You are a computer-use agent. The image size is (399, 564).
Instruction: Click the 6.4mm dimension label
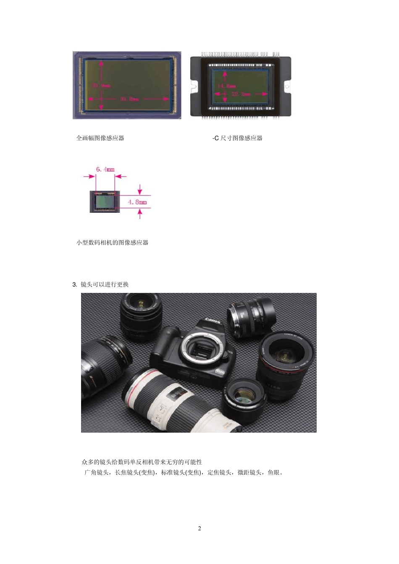tap(105, 170)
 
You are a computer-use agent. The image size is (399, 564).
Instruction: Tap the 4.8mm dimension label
tap(137, 202)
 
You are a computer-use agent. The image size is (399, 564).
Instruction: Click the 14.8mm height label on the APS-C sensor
tap(227, 86)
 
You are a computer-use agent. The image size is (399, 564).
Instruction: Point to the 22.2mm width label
tap(241, 94)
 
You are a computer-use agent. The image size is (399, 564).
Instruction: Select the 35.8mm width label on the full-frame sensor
tap(129, 99)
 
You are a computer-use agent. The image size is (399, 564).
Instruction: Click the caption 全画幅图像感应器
tap(100, 138)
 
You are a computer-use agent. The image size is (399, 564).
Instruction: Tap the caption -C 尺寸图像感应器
tap(237, 138)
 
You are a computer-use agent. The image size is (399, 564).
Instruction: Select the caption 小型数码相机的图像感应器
tap(112, 243)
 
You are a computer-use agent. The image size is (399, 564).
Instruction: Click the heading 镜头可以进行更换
tap(105, 285)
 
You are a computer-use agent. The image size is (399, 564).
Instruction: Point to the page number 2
tap(199, 528)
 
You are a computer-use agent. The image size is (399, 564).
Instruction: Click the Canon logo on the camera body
tap(213, 321)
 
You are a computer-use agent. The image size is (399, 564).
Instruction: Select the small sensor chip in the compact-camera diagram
tap(105, 202)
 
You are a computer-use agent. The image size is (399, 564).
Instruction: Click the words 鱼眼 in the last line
tap(273, 473)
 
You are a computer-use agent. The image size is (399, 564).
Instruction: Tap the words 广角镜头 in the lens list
tap(97, 473)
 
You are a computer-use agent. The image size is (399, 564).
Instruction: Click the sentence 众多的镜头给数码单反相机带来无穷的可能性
tap(142, 462)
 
